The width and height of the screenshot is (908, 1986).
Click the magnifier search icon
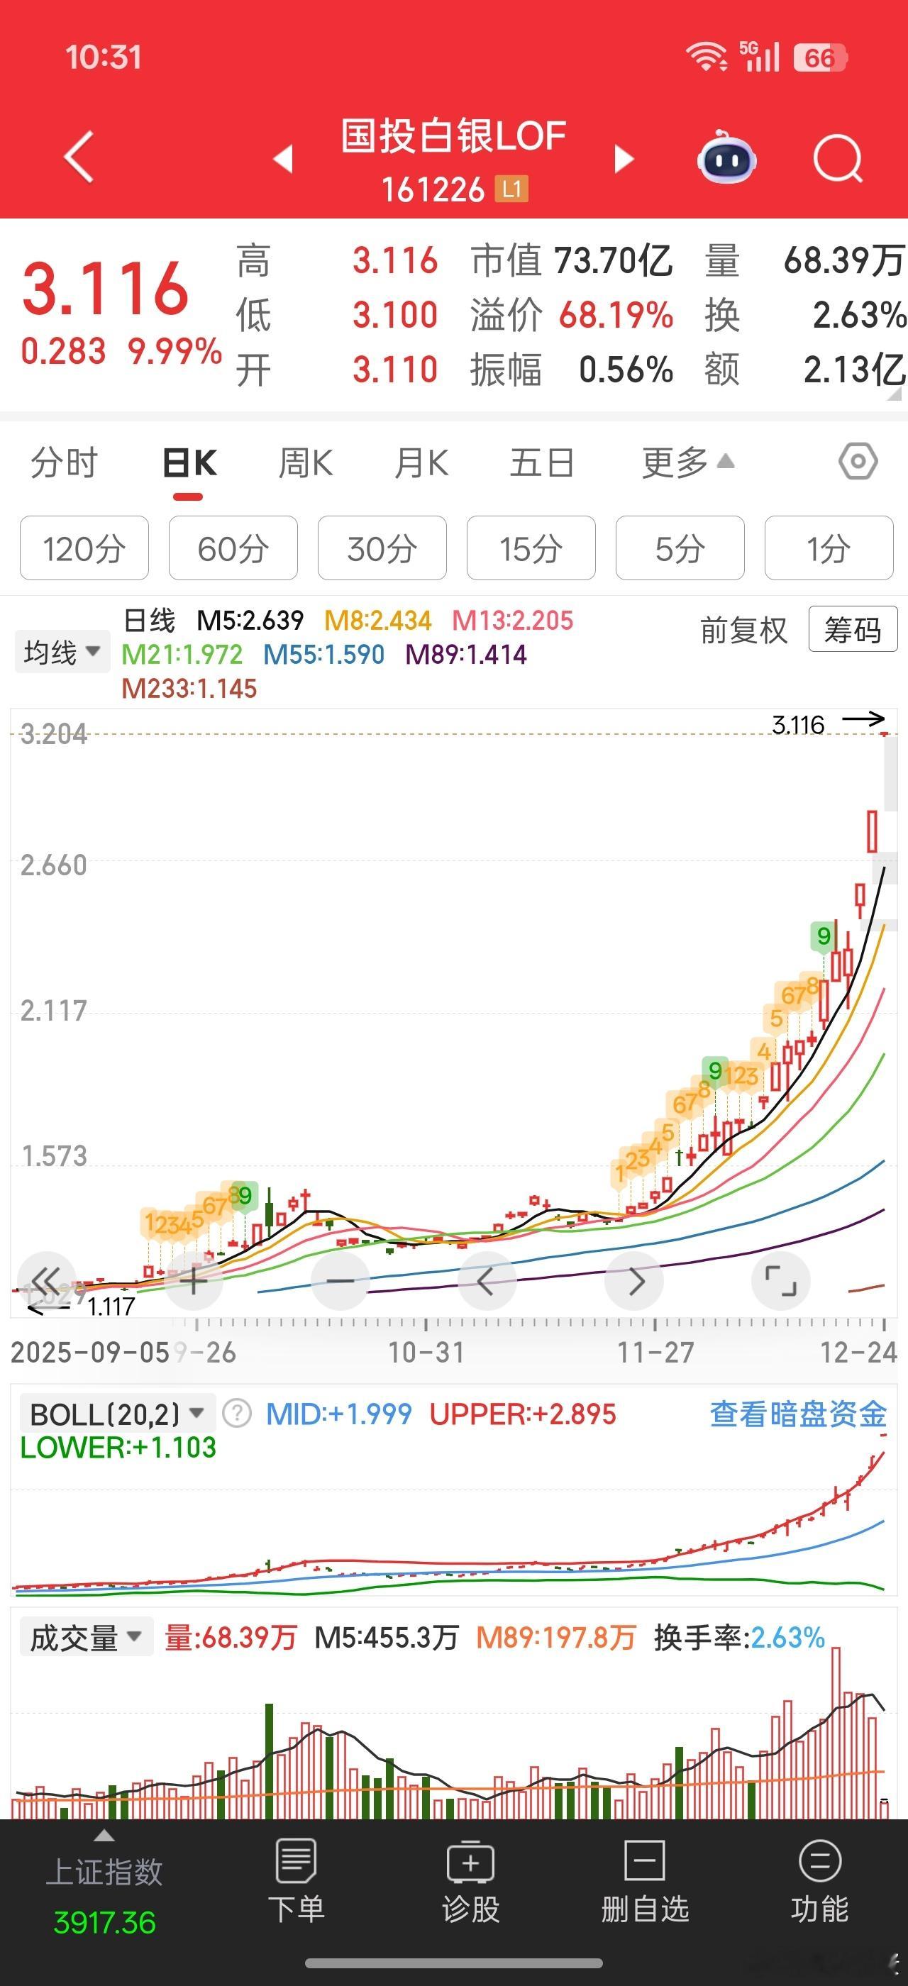click(x=837, y=159)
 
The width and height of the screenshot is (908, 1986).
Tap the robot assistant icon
click(x=726, y=159)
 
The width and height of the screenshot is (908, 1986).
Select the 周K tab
click(x=305, y=463)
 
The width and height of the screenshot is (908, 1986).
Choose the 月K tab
click(x=421, y=463)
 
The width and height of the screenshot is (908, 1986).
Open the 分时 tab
click(x=64, y=463)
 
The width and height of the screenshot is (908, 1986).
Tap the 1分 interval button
click(x=829, y=549)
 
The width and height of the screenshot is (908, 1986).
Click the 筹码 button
click(x=853, y=630)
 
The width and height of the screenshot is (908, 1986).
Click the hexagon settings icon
click(x=858, y=462)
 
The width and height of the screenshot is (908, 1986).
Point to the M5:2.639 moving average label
click(x=250, y=620)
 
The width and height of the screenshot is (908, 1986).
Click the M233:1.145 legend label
click(x=189, y=689)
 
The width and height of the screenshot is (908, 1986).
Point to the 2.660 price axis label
click(x=53, y=866)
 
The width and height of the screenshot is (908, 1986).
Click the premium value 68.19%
click(x=616, y=316)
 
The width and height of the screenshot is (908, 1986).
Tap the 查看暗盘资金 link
click(x=798, y=1414)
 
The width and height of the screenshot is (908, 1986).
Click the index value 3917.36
click(x=105, y=1923)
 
